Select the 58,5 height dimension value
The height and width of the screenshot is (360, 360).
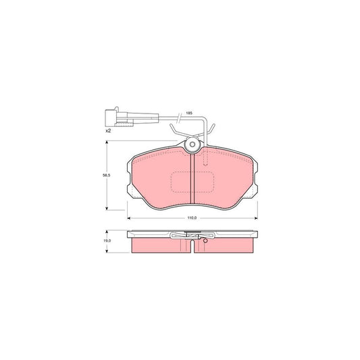pyautogui.click(x=106, y=175)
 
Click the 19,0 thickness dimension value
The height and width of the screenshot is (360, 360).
pyautogui.click(x=106, y=239)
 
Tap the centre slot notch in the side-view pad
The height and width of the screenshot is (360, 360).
pyautogui.click(x=194, y=245)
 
